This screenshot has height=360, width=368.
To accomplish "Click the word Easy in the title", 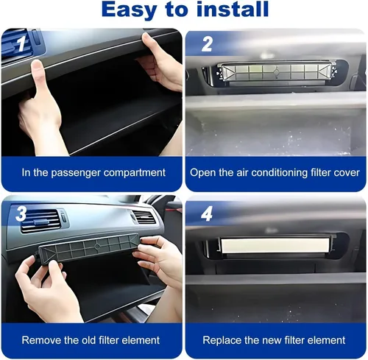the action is click(x=129, y=10).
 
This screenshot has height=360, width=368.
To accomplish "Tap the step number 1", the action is click(x=21, y=43).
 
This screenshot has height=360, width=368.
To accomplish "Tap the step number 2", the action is click(x=207, y=44).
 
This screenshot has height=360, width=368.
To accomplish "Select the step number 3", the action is click(x=21, y=213).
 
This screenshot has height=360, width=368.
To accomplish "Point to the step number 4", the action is click(x=207, y=213).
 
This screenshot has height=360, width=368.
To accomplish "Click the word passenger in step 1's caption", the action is click(x=76, y=173).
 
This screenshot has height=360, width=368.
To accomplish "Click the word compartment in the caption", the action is click(x=135, y=173).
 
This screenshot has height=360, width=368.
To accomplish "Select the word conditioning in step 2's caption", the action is click(x=280, y=173).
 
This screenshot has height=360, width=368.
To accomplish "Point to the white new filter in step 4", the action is click(x=275, y=245).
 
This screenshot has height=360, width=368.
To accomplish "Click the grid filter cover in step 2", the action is click(x=277, y=71).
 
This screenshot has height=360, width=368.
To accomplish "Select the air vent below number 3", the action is click(x=40, y=221).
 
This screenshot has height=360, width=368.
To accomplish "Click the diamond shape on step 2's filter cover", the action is click(x=277, y=72).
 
